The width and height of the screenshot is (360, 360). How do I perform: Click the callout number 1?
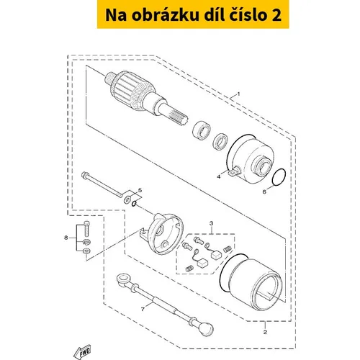(238, 94)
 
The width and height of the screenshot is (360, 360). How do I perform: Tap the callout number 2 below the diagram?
(265, 332)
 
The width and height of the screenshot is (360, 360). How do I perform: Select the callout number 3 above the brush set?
(211, 223)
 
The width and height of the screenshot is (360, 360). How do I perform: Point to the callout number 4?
(218, 177)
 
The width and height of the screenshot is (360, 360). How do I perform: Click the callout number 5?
(140, 190)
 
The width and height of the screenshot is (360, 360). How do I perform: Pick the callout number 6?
(264, 192)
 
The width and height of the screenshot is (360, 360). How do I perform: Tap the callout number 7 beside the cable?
(143, 310)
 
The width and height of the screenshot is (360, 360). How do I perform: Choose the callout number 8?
(66, 238)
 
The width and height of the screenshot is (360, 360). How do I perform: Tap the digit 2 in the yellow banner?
(277, 15)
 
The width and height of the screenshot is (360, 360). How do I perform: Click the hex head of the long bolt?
(84, 174)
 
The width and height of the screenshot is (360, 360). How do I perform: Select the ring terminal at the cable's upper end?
(123, 279)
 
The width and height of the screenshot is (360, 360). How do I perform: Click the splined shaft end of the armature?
(178, 115)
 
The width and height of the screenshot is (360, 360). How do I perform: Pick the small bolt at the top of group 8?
(86, 228)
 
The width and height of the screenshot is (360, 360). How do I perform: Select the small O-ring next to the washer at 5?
(134, 204)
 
